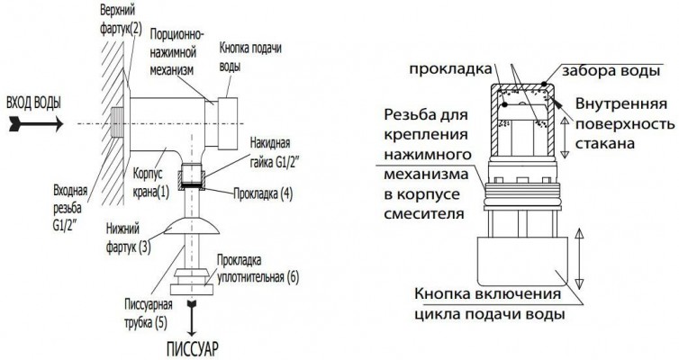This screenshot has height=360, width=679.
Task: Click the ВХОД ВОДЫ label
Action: tap(33, 103)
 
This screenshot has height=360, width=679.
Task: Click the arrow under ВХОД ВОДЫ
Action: tap(36, 124)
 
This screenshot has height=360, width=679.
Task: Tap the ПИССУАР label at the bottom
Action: tap(193, 348)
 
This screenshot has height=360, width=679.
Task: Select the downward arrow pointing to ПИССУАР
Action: tap(191, 318)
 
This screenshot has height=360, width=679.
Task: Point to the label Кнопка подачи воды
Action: tap(250, 57)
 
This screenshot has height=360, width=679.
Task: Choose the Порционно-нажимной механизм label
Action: tap(177, 53)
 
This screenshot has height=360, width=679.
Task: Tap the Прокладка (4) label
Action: tap(263, 193)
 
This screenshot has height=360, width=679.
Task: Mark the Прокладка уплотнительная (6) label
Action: tap(258, 269)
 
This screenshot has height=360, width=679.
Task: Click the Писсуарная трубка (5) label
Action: tap(148, 314)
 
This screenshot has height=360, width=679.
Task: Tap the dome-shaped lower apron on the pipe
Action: tap(191, 226)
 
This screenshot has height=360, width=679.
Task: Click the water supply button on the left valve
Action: tap(227, 124)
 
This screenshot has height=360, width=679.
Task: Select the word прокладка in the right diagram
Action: tap(451, 68)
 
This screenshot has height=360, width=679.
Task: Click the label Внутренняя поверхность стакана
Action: tap(625, 123)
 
